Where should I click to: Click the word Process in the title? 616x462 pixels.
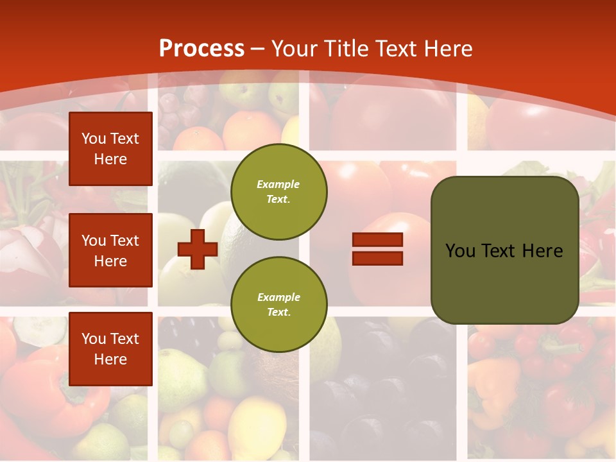(201, 49)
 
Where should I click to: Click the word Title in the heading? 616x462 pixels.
(344, 49)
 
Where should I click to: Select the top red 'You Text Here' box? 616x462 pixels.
(110, 149)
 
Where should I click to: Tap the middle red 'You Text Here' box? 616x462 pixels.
(110, 250)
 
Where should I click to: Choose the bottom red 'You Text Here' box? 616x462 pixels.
(110, 348)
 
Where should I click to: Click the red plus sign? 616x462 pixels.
(198, 250)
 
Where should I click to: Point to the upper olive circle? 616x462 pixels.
(279, 191)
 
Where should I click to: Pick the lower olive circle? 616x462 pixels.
(279, 304)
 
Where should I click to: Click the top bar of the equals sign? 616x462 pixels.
(377, 240)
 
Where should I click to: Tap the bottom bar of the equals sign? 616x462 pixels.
(377, 258)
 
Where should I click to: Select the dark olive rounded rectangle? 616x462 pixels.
(504, 250)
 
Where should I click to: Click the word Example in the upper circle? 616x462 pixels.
(278, 184)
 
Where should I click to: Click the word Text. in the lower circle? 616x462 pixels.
(278, 312)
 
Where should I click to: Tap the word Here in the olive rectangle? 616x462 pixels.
(542, 251)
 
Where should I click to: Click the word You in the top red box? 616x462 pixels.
(93, 139)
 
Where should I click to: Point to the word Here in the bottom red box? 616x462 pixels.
(110, 359)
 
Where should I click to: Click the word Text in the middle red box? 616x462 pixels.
(124, 241)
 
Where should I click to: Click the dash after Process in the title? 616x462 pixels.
(258, 49)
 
